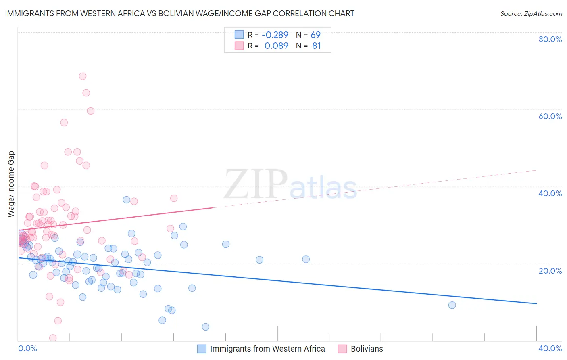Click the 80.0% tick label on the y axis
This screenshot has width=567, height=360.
[550, 39]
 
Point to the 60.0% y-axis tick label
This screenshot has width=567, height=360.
[550, 116]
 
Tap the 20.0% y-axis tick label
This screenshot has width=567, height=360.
[550, 271]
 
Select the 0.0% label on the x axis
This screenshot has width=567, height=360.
[27, 348]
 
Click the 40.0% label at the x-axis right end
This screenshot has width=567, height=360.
[550, 348]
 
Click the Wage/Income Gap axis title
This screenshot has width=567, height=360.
[11, 184]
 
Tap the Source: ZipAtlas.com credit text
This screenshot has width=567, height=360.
[531, 13]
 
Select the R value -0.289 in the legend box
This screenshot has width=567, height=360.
[275, 35]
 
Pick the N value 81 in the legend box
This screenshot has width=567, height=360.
[317, 46]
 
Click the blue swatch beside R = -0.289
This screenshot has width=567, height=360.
[239, 35]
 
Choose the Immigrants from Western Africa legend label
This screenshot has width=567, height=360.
[267, 349]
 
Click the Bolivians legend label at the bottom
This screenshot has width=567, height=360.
[367, 349]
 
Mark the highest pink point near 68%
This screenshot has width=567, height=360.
[83, 76]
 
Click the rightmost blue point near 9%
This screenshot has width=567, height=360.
[452, 305]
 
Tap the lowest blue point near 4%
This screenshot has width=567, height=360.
[206, 327]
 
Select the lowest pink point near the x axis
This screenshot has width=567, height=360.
[53, 338]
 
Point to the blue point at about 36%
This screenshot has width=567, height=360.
[126, 200]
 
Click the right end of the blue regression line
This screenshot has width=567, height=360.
[536, 303]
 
